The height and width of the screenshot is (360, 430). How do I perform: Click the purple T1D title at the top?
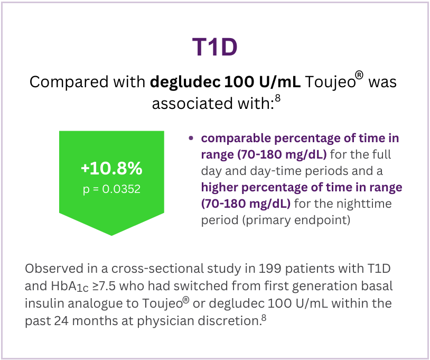[x=214, y=47]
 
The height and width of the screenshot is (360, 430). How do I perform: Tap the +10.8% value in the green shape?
[x=111, y=168]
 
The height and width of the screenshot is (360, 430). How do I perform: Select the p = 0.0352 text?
[x=111, y=189]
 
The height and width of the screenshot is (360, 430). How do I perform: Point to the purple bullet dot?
[x=191, y=138]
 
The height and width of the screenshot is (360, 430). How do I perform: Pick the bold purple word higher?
[x=220, y=188]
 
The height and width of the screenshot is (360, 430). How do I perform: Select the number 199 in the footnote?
[x=270, y=269]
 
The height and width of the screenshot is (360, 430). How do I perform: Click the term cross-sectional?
[x=157, y=269]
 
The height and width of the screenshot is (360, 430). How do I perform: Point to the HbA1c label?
[x=70, y=286]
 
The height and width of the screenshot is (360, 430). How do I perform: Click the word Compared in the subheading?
[x=69, y=82]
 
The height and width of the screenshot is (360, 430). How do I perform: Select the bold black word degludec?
[x=185, y=82]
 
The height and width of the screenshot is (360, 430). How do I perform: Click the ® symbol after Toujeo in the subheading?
[x=359, y=75]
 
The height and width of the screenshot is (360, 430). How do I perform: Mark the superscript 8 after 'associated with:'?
[x=278, y=98]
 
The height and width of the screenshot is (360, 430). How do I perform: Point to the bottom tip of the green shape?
[x=111, y=235]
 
